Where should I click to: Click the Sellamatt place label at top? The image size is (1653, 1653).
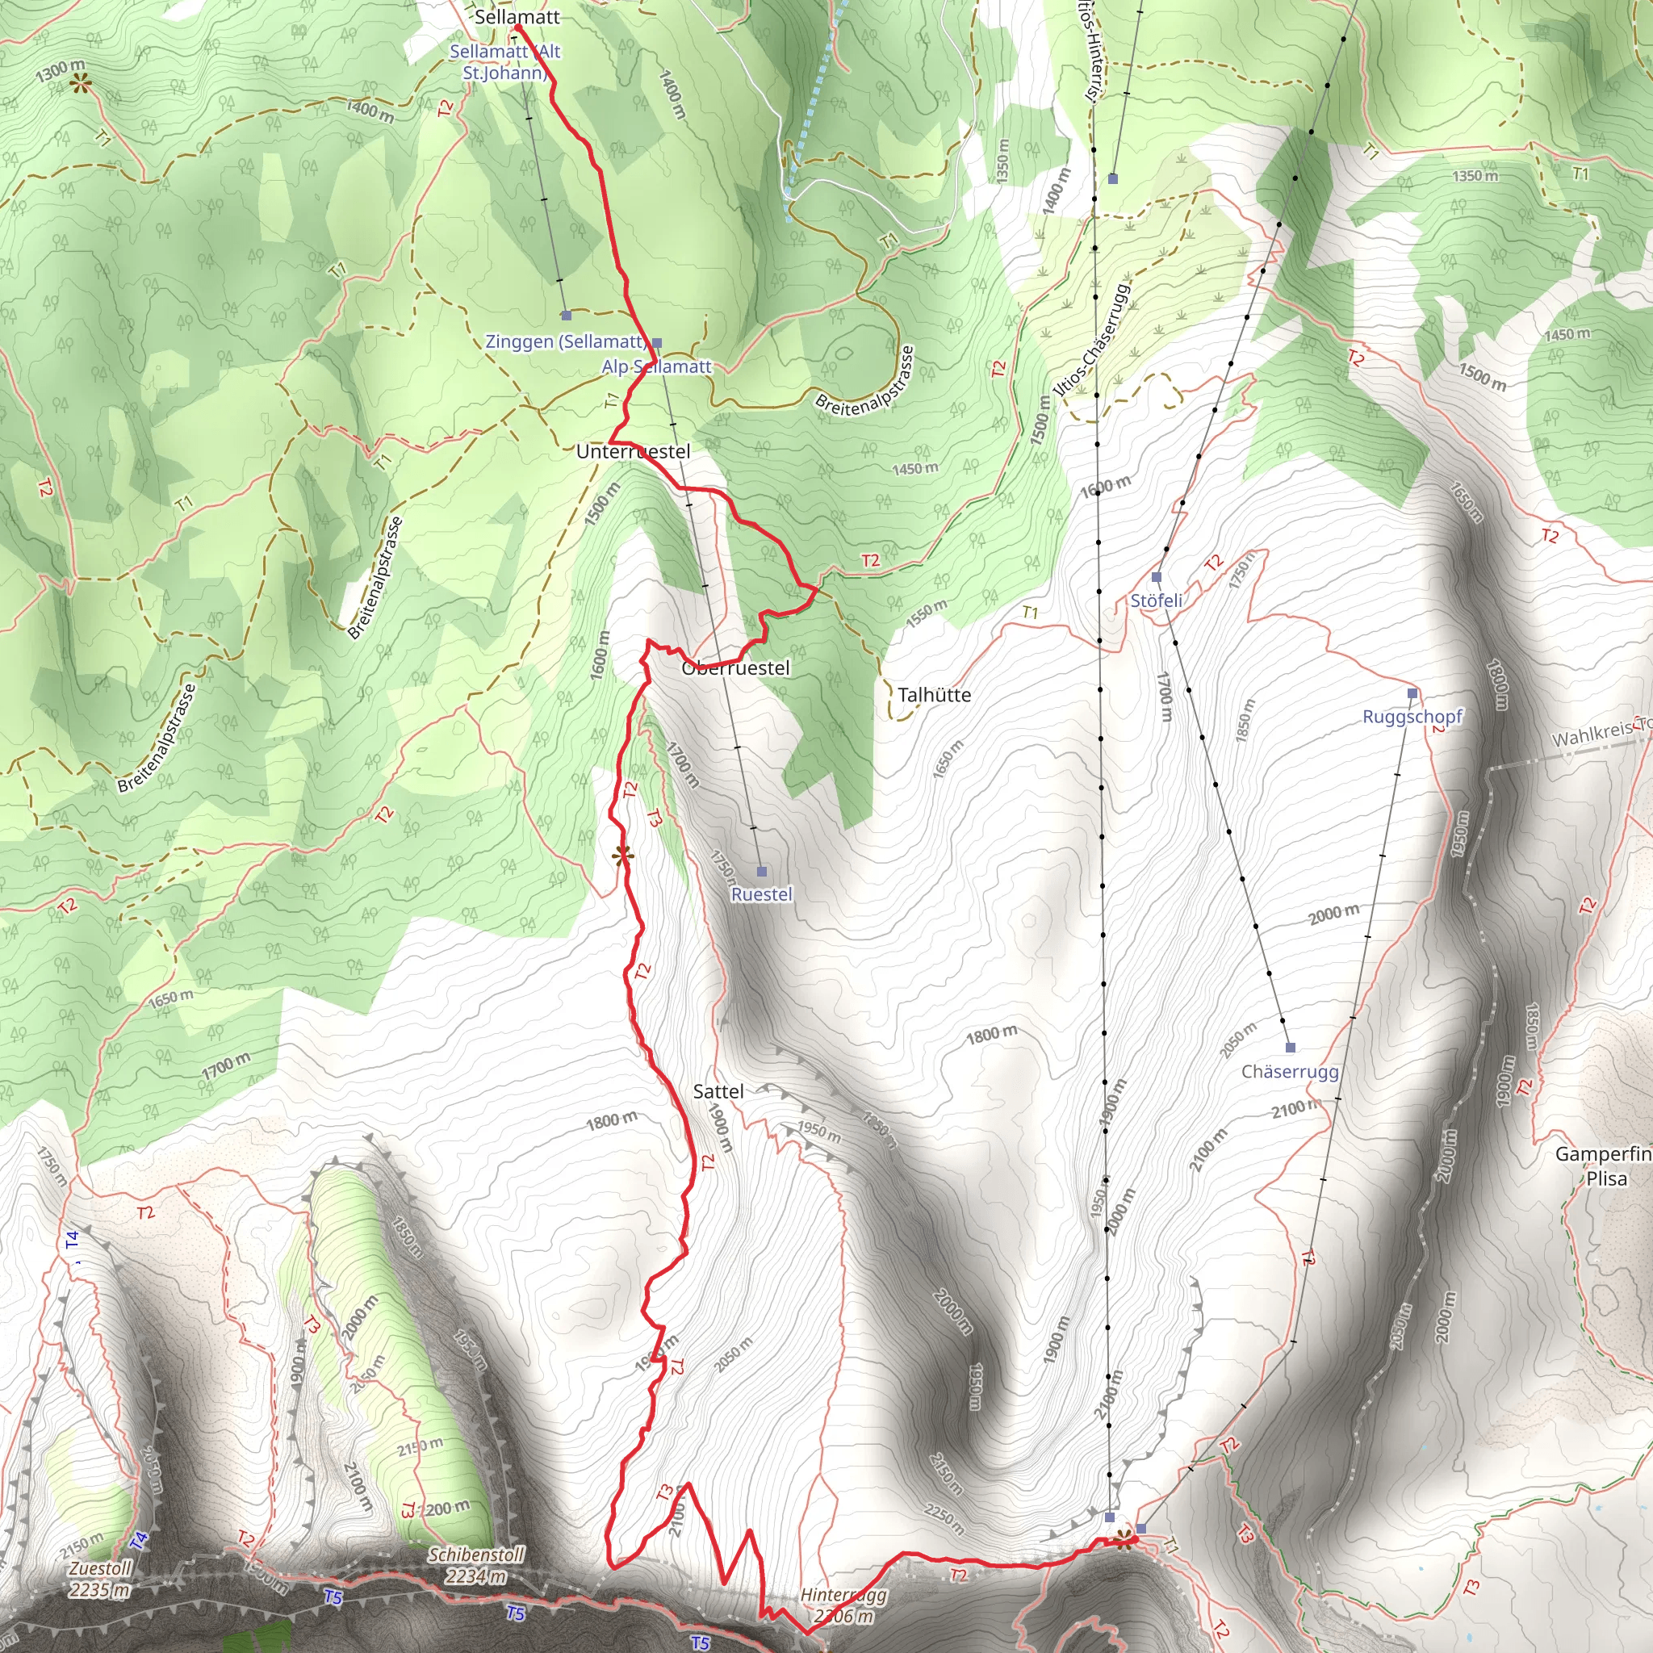click(517, 17)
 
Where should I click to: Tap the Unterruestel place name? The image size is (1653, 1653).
click(632, 452)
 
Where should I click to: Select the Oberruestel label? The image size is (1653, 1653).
click(736, 668)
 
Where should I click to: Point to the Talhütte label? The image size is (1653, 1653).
click(935, 695)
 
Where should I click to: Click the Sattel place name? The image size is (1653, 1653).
click(718, 1091)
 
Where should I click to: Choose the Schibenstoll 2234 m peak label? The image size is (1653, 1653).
click(475, 1565)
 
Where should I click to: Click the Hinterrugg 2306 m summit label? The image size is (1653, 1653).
click(843, 1605)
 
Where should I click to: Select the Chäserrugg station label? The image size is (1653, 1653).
click(1289, 1071)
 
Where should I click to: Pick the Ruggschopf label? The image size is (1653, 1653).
click(1412, 716)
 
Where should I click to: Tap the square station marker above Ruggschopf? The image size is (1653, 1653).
click(1412, 693)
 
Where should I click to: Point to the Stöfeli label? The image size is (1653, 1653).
click(1156, 601)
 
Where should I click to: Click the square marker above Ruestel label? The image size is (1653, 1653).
click(761, 872)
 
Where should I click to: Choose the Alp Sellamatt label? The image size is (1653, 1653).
click(656, 366)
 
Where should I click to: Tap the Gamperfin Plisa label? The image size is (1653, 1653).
click(1602, 1165)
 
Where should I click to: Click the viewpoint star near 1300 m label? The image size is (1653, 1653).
click(81, 83)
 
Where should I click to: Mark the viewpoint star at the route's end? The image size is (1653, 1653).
click(1124, 1541)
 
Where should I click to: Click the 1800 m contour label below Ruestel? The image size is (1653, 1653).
click(992, 1034)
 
